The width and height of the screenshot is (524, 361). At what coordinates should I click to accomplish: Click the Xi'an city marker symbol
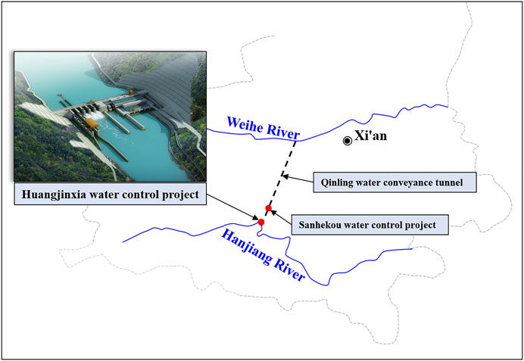[348, 141]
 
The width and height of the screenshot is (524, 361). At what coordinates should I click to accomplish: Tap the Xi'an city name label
[370, 135]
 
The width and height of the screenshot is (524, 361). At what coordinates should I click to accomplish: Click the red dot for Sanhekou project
[268, 208]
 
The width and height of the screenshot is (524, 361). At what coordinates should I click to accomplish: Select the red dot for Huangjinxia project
[261, 222]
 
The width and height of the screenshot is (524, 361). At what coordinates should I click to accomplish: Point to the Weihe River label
[264, 128]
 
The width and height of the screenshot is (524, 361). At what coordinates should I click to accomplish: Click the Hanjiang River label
[263, 255]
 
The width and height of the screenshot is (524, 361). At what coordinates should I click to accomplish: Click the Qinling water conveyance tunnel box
[395, 182]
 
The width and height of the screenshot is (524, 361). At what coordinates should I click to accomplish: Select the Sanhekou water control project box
[370, 225]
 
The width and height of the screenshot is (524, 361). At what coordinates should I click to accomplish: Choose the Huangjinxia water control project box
[111, 194]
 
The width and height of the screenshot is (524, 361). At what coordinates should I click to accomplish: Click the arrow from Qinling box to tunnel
[298, 179]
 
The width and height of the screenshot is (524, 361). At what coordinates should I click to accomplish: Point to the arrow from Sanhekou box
[281, 216]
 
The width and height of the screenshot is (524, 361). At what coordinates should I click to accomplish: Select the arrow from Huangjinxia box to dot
[232, 207]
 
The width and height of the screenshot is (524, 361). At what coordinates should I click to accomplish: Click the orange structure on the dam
[91, 123]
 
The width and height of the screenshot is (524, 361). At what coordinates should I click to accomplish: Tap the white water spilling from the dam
[95, 115]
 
